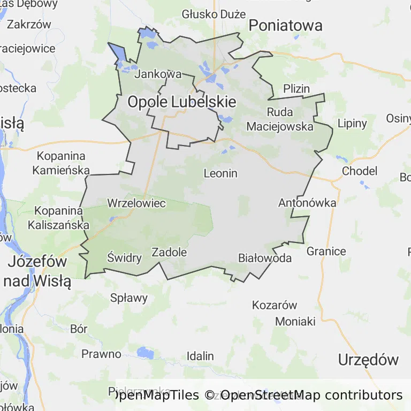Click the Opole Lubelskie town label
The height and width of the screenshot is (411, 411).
coord(181,102)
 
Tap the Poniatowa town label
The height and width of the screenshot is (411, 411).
coord(286,25)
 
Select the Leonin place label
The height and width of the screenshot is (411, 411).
coord(220,173)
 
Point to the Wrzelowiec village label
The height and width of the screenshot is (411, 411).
coord(136,203)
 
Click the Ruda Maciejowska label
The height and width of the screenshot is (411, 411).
coord(280,119)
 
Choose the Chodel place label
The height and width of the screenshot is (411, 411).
coord(360,171)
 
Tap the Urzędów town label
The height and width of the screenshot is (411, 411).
coord(368,360)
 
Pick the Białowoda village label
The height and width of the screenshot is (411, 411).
coord(265,258)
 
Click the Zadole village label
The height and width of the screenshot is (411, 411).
coord(169,252)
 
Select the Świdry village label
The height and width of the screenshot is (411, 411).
coord(124,258)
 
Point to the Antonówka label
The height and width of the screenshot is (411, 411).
coord(307,203)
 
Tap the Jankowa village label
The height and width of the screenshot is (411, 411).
coord(158,74)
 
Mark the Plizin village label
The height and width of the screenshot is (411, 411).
coord(296,89)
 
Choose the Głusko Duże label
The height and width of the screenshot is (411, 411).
coord(214,14)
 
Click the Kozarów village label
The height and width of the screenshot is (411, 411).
coord(274,305)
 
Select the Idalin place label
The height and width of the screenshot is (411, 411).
coord(200,356)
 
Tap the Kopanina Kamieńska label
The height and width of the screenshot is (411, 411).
coord(61,163)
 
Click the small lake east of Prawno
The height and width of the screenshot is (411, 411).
coord(144,353)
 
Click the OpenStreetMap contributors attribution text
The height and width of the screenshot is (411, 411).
coord(311,395)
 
